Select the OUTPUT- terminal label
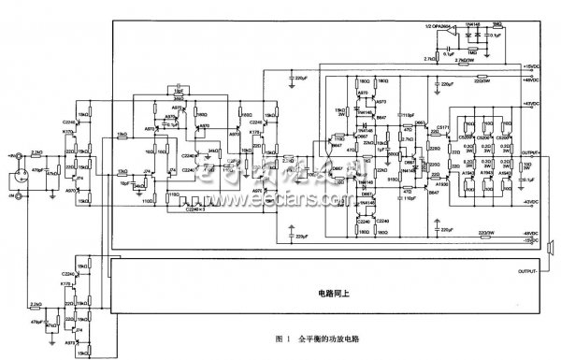[x=528, y=272]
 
